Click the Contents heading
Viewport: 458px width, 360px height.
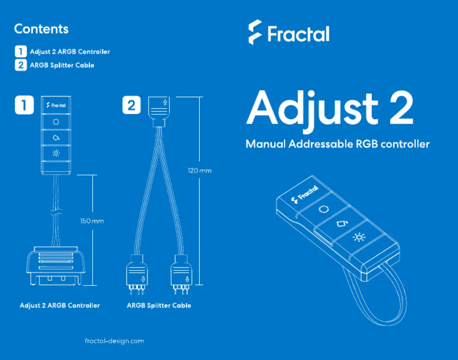[41, 29]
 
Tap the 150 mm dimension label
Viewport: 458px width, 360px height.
[92, 221]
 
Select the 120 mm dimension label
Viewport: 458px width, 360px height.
[200, 171]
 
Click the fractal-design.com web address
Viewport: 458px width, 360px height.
[114, 341]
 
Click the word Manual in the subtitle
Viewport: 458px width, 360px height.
[265, 144]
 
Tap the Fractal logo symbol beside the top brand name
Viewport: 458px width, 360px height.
[255, 32]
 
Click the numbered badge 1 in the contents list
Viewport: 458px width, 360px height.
[21, 52]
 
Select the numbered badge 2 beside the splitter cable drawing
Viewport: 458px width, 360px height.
[132, 105]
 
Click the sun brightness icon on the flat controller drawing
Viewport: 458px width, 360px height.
[56, 153]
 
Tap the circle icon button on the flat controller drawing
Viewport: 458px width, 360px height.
[56, 122]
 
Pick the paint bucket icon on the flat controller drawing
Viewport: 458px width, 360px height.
[56, 138]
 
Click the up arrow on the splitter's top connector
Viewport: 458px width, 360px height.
[165, 102]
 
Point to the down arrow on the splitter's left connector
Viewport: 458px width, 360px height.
[143, 279]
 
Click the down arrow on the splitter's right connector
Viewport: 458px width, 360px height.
[187, 279]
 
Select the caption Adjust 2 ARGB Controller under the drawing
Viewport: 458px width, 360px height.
[60, 306]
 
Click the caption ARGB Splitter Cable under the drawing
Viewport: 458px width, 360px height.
[159, 306]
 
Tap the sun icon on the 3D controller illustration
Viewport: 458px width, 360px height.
[359, 237]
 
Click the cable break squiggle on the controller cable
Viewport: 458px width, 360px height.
[56, 212]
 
